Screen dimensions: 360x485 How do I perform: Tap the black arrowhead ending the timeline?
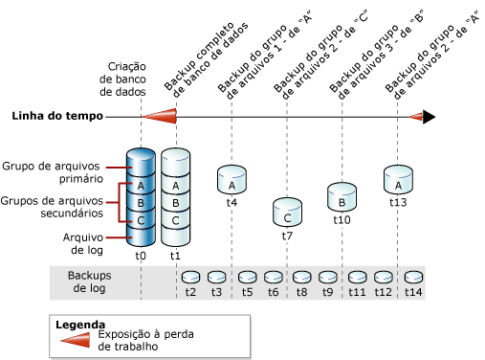point(429,117)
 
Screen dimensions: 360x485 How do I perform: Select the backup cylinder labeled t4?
point(231,177)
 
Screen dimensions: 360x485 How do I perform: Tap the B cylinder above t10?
point(342,195)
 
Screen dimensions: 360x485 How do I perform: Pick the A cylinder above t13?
point(398,179)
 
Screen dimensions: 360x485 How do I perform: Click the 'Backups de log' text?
point(100,281)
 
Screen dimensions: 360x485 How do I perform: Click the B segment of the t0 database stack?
point(141,203)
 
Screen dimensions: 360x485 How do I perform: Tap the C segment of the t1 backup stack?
point(175,220)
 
